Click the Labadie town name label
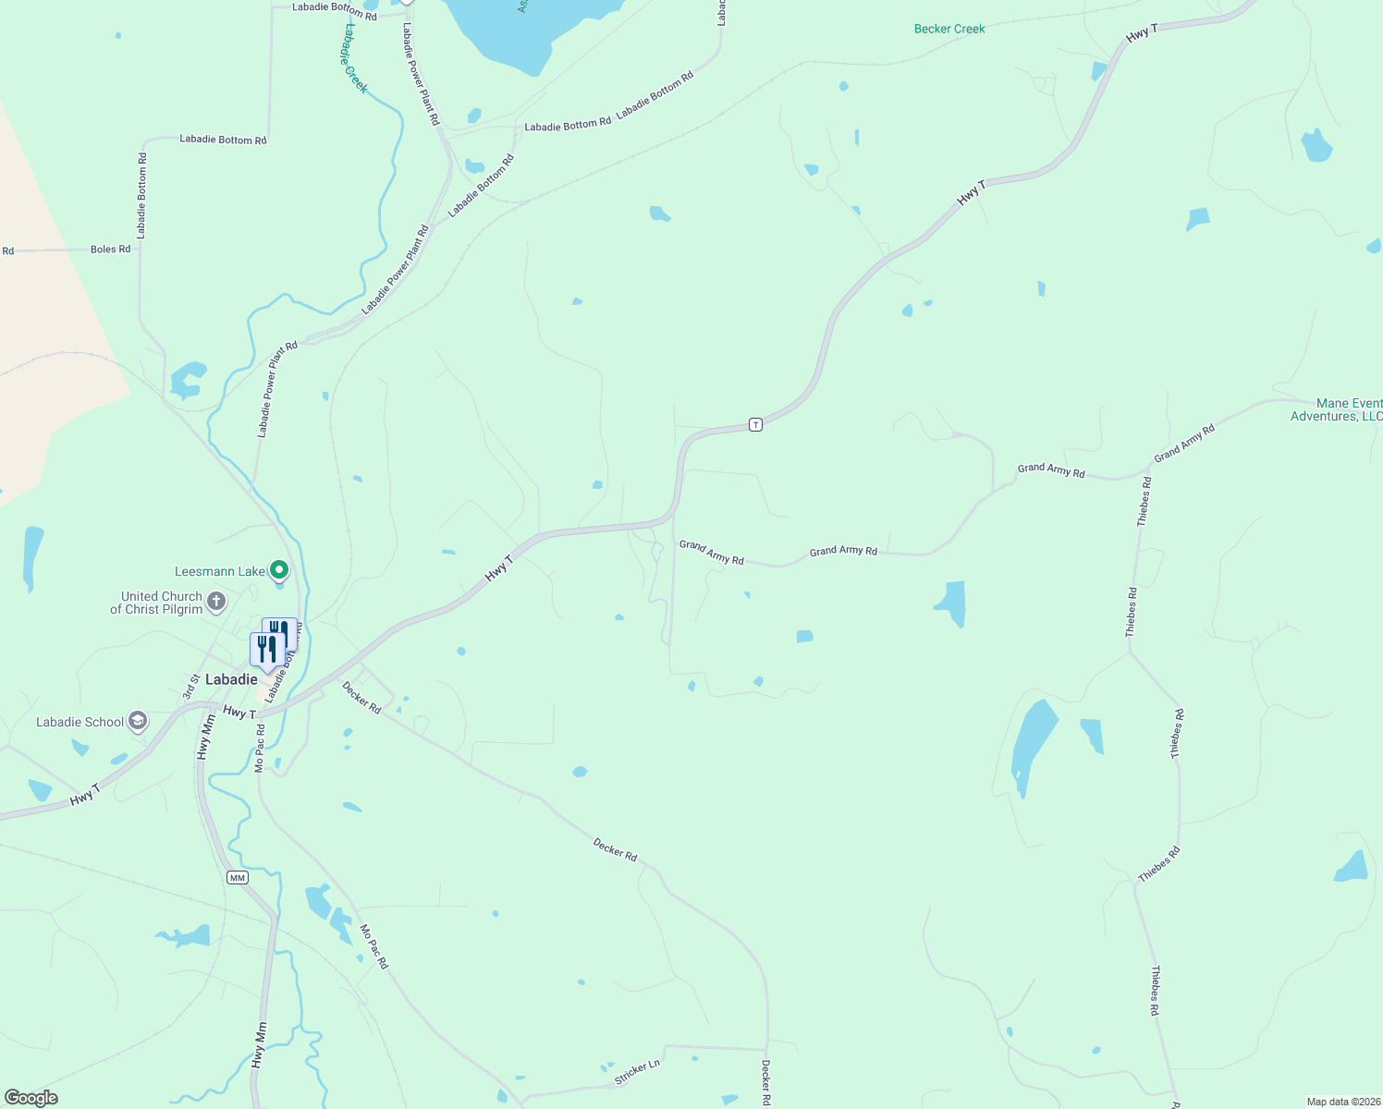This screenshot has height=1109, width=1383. click(x=231, y=679)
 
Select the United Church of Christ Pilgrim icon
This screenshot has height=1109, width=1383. click(x=215, y=603)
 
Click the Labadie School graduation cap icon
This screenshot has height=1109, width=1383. click(x=138, y=721)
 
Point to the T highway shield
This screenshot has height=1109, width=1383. click(x=755, y=424)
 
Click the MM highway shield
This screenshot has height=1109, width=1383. click(x=238, y=877)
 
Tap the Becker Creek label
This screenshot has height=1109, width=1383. click(x=949, y=29)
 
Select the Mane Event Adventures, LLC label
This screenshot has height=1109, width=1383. click(x=1337, y=409)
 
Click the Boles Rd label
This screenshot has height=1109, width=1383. click(x=110, y=250)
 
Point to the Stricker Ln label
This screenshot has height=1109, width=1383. click(x=637, y=1072)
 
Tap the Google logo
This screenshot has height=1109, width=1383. click(x=31, y=1098)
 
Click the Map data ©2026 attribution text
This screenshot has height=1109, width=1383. click(x=1342, y=1102)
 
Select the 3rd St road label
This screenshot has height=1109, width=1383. click(x=191, y=686)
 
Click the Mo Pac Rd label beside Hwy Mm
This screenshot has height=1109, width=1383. click(x=261, y=749)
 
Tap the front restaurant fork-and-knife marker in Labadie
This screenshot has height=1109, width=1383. click(x=267, y=651)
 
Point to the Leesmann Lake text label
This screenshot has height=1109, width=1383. click(x=220, y=571)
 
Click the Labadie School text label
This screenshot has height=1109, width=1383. click(x=80, y=722)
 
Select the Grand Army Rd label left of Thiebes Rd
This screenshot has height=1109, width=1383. click(x=1051, y=470)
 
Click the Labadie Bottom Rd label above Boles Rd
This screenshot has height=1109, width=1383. click(x=223, y=140)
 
